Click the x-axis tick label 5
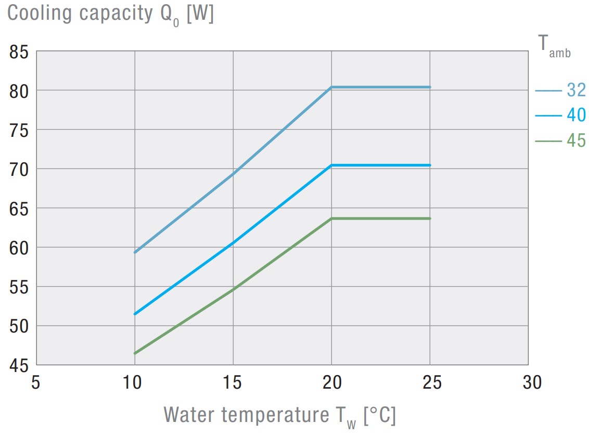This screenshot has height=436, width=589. pos(35,383)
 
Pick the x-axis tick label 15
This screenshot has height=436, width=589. pos(233,383)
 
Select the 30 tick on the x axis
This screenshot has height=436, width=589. pos(528,383)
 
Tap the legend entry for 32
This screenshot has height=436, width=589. pos(575,91)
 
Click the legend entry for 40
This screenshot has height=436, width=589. pos(575,115)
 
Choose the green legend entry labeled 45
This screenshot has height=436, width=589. pos(575,140)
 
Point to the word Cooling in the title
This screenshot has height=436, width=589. pos(40,14)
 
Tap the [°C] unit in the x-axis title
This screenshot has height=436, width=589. pos(379,415)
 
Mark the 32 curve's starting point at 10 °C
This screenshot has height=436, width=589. pos(135,252)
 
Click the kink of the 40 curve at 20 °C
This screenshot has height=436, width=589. pos(331,165)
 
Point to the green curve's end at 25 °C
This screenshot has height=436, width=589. pos(430,219)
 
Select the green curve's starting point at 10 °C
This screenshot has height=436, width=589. pos(135,353)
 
